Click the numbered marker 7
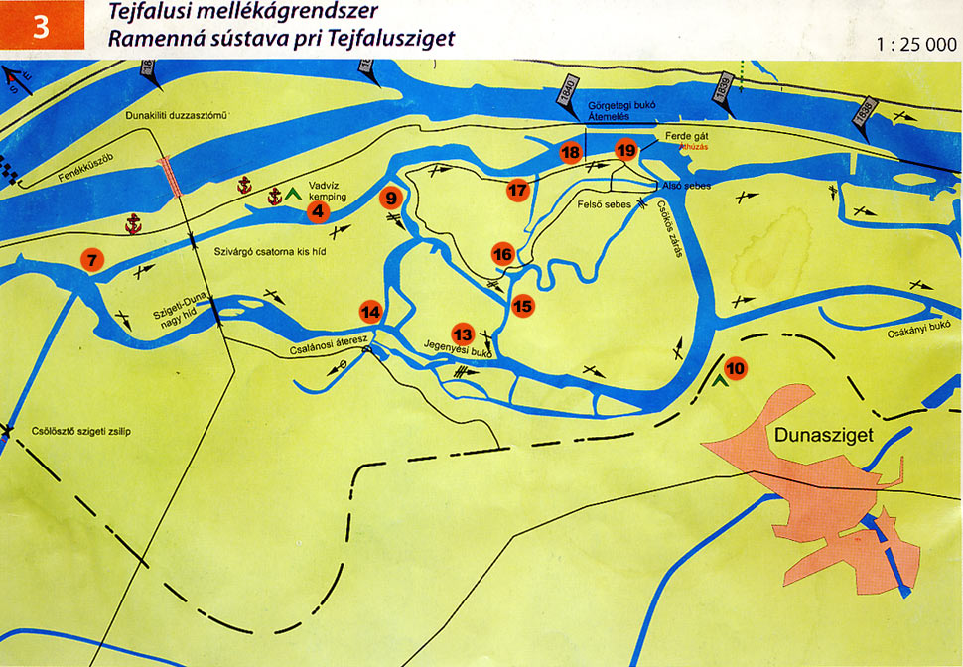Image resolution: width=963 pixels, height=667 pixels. coord(92,261)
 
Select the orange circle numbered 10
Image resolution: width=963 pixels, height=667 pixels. coord(736,368)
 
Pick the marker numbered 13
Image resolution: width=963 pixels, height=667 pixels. coord(463,333)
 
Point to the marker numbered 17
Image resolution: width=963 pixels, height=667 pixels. coord(517,190)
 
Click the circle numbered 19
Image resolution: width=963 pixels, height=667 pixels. coord(625,151)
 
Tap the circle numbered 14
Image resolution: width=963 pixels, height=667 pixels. coord(371,312)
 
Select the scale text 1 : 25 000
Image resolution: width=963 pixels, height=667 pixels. coord(916,45)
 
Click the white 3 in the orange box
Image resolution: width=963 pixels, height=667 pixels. coord(41,27)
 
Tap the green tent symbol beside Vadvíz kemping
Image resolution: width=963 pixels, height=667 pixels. coord(294,194)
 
